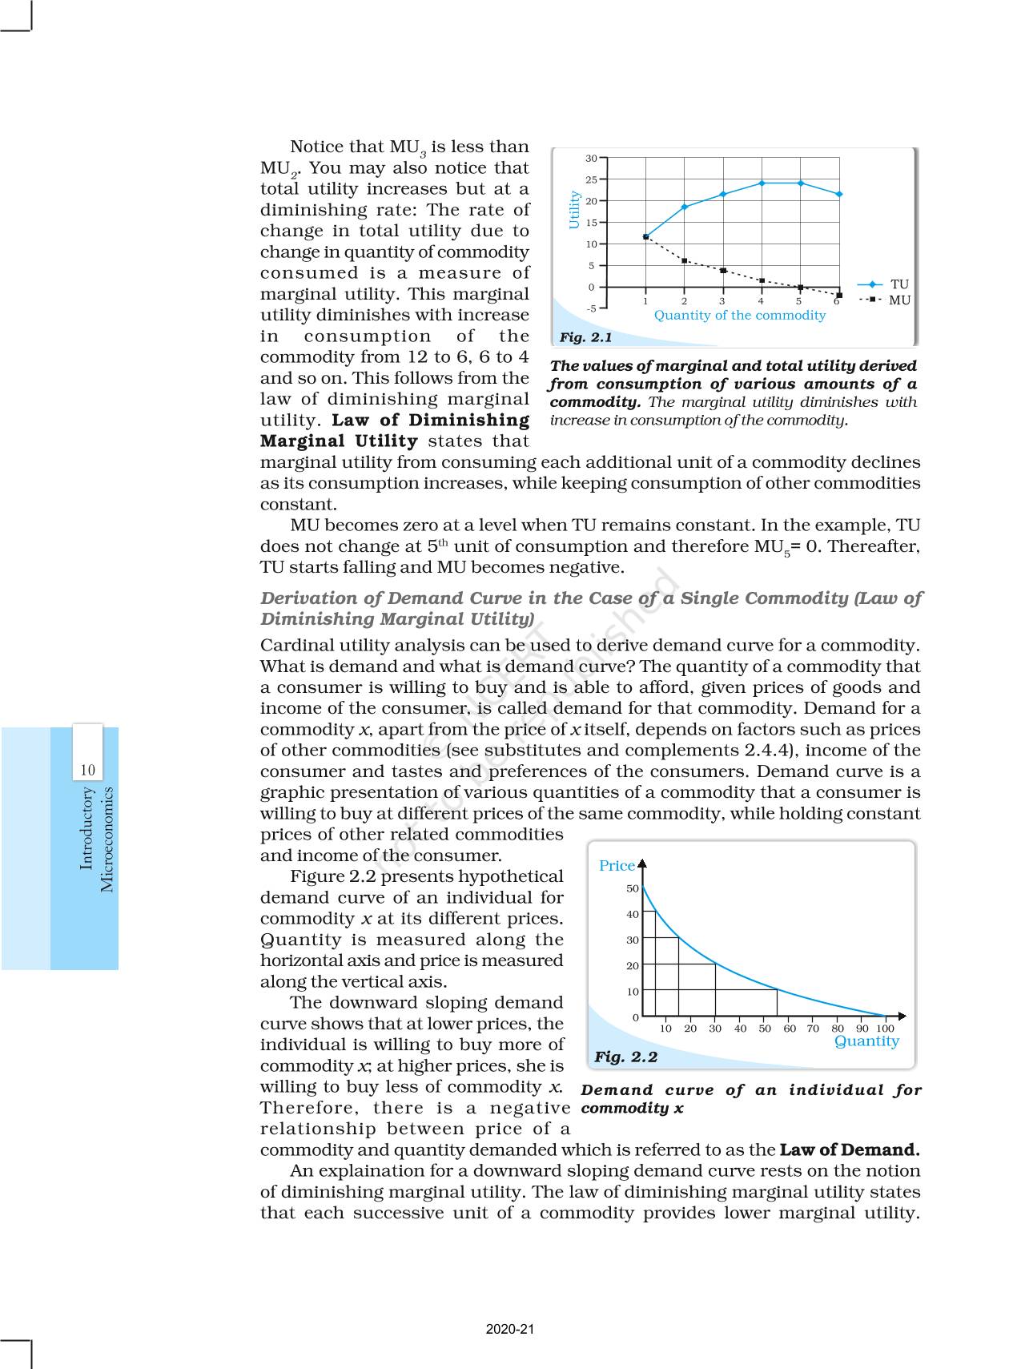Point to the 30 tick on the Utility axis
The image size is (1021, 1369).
(591, 158)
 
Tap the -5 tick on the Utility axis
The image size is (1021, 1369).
(591, 308)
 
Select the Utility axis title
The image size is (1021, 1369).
(573, 210)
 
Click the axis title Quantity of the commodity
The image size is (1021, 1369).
(739, 316)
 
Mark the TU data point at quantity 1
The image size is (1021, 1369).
(645, 236)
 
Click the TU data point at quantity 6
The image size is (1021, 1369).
(839, 194)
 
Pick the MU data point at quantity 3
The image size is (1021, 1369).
(723, 271)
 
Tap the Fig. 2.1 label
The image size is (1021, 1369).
(585, 337)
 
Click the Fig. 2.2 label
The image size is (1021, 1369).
(625, 1057)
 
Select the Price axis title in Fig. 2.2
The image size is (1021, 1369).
(617, 866)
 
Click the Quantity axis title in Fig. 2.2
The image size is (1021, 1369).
(866, 1041)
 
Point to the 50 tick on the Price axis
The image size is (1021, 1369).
(633, 888)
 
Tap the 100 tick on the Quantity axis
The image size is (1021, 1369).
(885, 1029)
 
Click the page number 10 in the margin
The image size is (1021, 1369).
(87, 771)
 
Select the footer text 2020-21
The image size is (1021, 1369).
(509, 1329)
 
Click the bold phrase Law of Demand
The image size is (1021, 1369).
(850, 1150)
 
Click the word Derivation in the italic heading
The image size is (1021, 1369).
(309, 598)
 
